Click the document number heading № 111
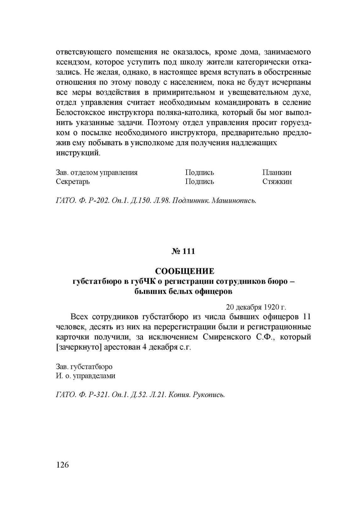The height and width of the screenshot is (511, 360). click(x=183, y=251)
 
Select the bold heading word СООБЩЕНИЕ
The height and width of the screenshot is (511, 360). click(x=185, y=271)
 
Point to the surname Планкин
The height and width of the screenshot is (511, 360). click(x=277, y=173)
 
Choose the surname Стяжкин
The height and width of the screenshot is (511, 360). click(x=277, y=182)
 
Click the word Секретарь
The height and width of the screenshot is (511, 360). click(x=73, y=182)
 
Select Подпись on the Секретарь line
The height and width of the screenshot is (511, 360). click(x=199, y=182)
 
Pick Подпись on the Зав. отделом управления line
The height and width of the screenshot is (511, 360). click(x=199, y=173)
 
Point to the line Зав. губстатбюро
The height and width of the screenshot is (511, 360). click(x=84, y=367)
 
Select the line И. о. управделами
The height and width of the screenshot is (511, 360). click(x=85, y=376)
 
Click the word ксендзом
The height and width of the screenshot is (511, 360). click(x=72, y=62)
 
